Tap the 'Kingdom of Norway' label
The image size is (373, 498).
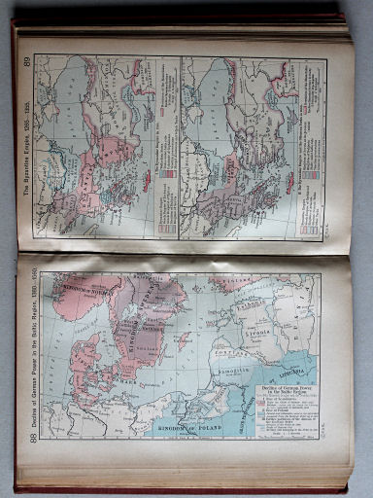click(x=78, y=289)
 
